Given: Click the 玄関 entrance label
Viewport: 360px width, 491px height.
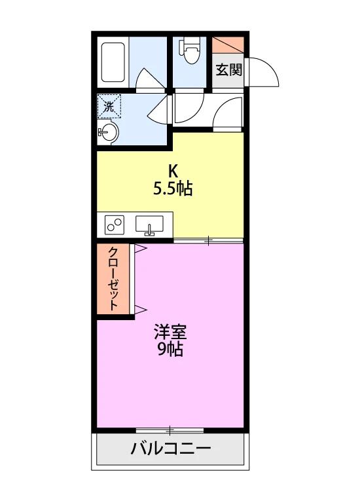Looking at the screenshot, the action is pyautogui.click(x=229, y=69).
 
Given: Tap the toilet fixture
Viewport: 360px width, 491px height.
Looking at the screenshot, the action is pyautogui.click(x=189, y=51).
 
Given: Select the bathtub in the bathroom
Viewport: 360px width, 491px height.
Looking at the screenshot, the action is pyautogui.click(x=113, y=62).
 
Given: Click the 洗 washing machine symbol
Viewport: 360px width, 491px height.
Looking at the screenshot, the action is pyautogui.click(x=109, y=106).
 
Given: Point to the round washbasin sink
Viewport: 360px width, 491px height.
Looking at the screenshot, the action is pyautogui.click(x=108, y=132).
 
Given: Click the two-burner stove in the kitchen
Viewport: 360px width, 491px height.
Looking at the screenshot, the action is pyautogui.click(x=115, y=224).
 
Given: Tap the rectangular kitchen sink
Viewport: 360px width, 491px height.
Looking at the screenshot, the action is pyautogui.click(x=149, y=225).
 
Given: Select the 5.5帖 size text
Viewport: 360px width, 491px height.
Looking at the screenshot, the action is pyautogui.click(x=173, y=189).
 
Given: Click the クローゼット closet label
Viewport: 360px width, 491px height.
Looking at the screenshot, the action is pyautogui.click(x=113, y=278).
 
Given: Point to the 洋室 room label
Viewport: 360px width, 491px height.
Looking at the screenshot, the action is pyautogui.click(x=170, y=332).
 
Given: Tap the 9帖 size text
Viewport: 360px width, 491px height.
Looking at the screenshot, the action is pyautogui.click(x=170, y=349).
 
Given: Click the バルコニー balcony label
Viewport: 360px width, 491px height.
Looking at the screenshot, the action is pyautogui.click(x=171, y=448).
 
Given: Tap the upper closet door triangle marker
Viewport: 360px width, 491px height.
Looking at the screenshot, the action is pyautogui.click(x=141, y=248).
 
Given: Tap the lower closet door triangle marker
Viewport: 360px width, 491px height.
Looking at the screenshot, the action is pyautogui.click(x=141, y=310).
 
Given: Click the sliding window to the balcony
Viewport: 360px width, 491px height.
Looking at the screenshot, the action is pyautogui.click(x=170, y=431).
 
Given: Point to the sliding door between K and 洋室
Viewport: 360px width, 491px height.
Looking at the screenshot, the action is pyautogui.click(x=209, y=240).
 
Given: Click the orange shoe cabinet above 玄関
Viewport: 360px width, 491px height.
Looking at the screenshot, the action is pyautogui.click(x=228, y=45).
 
